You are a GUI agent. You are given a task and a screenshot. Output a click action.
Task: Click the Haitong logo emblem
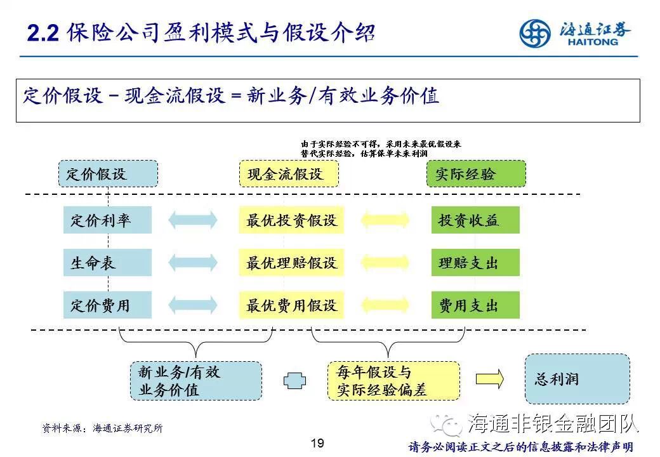(x=535, y=34)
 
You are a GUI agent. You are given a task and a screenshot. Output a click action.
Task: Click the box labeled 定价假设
(x=108, y=173)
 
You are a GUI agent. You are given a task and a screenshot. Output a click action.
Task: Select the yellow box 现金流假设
(x=289, y=173)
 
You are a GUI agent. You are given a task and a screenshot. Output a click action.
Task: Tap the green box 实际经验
(x=476, y=173)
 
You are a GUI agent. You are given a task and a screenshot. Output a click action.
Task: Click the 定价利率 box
(x=107, y=220)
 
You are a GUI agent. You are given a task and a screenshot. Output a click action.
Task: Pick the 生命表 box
(x=107, y=262)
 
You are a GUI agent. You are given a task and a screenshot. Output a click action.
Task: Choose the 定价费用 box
(x=107, y=305)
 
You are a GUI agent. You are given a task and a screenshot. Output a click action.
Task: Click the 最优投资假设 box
(x=291, y=220)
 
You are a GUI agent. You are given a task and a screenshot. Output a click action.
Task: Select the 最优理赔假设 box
(x=291, y=262)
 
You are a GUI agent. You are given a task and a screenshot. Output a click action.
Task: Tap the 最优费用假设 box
(x=291, y=305)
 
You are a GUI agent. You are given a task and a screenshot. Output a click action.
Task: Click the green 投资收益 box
(x=475, y=220)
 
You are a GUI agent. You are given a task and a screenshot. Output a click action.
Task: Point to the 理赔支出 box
(x=475, y=262)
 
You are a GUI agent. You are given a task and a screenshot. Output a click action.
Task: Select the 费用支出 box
(x=475, y=305)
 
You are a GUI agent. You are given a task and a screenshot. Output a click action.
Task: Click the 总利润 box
(x=577, y=379)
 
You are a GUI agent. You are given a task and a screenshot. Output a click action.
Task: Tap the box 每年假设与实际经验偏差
(x=393, y=381)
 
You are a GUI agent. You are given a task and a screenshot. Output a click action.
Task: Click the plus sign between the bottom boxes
(x=294, y=380)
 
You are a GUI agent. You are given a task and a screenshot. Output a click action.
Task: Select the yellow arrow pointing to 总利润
(x=490, y=379)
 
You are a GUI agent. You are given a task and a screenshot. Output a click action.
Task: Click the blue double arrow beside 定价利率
(x=192, y=220)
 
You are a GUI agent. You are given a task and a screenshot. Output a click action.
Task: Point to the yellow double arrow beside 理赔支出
(x=385, y=262)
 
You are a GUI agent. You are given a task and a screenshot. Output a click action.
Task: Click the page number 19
(x=318, y=442)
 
